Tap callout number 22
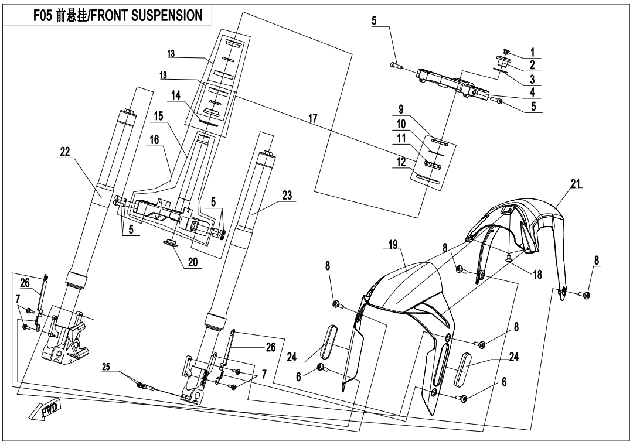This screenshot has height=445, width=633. tap(64, 152)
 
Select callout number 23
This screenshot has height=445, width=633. tap(287, 197)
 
